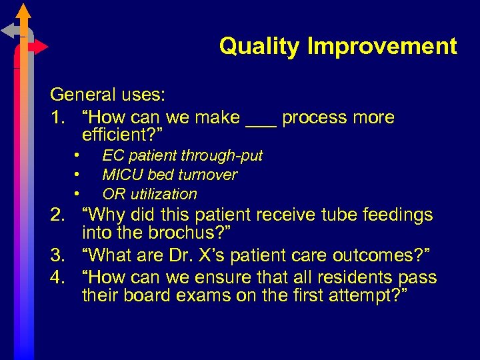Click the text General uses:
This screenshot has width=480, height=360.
[107, 95]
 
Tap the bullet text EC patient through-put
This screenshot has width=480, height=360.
[182, 156]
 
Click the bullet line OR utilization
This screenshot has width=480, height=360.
[149, 195]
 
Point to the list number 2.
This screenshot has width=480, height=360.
[59, 215]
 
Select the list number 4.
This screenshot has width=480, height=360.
[59, 277]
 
